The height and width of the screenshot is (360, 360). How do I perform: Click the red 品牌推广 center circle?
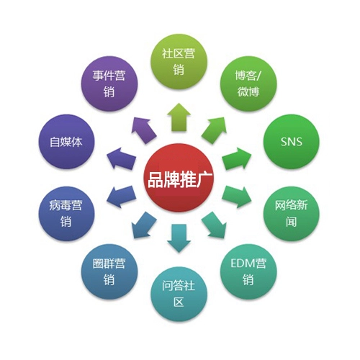click(x=179, y=178)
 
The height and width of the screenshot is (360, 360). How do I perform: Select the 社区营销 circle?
click(x=179, y=62)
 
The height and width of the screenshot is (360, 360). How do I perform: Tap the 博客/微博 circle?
click(x=248, y=84)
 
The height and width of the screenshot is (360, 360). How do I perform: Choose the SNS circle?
click(x=292, y=142)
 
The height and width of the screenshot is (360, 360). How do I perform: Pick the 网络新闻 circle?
click(x=292, y=214)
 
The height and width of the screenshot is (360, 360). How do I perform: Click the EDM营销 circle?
click(x=248, y=271)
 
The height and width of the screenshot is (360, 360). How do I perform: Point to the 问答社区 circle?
click(x=179, y=294)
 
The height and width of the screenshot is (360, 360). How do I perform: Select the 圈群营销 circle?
click(x=109, y=271)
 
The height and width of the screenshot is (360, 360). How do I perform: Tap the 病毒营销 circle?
click(x=66, y=214)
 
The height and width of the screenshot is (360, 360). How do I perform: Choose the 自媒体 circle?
click(x=66, y=142)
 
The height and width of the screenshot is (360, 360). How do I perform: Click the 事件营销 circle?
click(x=109, y=84)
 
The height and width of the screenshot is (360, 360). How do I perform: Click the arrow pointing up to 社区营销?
click(x=179, y=117)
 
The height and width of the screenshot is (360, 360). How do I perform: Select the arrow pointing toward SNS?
click(x=237, y=159)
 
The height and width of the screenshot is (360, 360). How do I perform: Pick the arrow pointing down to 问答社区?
click(x=179, y=238)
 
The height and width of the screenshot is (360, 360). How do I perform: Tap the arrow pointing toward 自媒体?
click(x=121, y=159)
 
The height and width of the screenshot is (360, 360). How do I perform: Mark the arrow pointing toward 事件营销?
click(x=143, y=130)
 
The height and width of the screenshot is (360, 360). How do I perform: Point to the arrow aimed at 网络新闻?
click(x=237, y=197)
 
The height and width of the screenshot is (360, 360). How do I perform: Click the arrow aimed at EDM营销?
click(x=215, y=225)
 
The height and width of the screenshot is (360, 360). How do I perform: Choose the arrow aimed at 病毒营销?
click(x=121, y=197)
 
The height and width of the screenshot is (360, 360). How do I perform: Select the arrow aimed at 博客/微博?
click(x=215, y=130)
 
